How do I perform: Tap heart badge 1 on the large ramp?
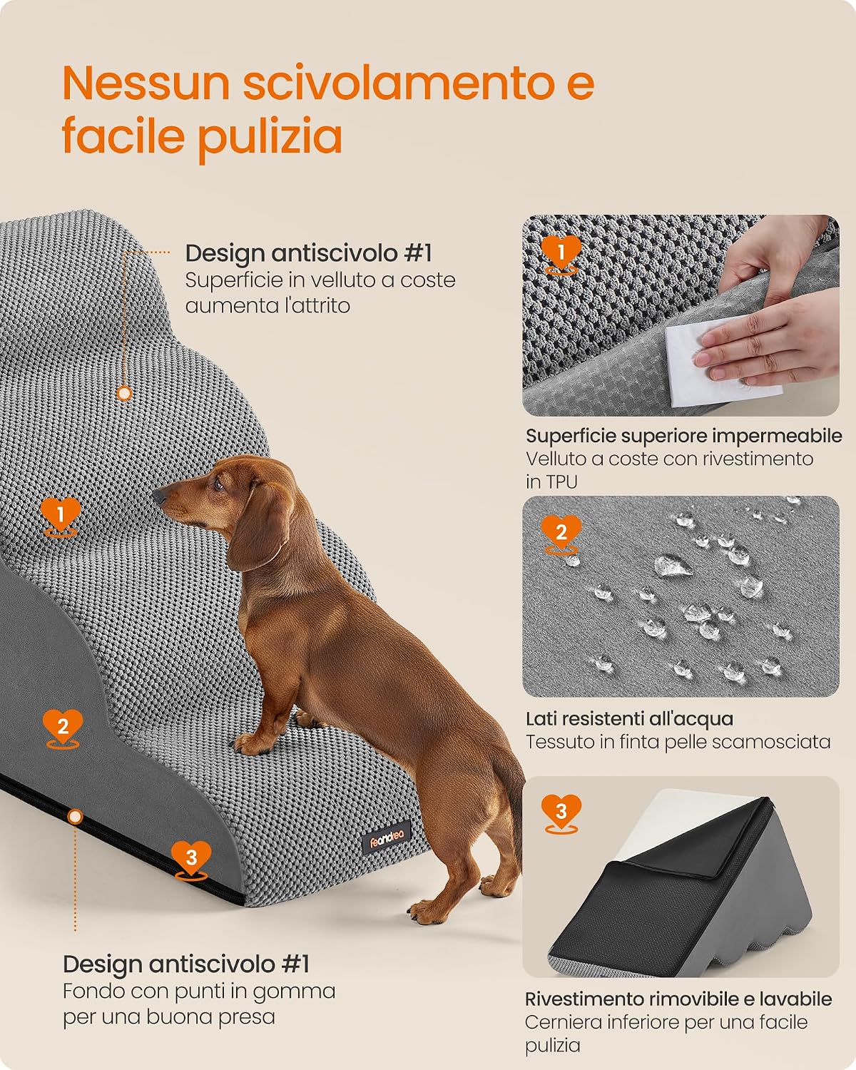[61, 517]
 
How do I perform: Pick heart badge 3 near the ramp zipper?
[191, 861]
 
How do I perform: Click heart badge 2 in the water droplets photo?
[561, 535]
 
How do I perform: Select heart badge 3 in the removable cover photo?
[561, 814]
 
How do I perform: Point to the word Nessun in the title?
[146, 83]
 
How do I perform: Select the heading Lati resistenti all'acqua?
[629, 718]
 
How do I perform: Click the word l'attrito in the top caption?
[317, 305]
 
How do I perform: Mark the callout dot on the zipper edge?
[75, 817]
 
